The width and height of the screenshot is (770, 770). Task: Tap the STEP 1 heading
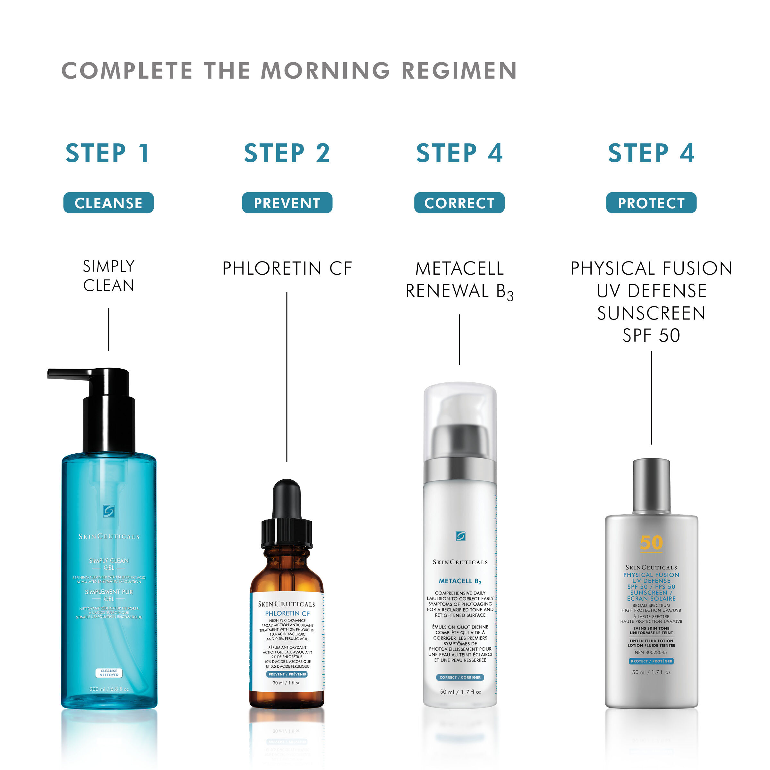107,153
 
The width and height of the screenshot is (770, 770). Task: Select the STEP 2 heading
287,153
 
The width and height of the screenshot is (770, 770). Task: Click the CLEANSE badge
108,203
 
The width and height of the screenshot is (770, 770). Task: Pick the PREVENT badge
287,203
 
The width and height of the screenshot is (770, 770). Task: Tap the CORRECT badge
459,203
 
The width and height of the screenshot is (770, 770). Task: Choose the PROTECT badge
651,203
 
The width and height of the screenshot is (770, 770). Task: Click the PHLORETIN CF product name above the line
287,268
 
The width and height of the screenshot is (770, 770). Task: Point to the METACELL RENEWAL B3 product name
459,280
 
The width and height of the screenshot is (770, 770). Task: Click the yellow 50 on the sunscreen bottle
651,543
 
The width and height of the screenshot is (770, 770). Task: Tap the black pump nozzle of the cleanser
68,373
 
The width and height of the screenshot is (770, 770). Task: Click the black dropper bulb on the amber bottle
287,498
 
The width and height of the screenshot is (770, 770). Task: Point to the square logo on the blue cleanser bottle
108,511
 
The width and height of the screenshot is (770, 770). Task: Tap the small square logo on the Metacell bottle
460,536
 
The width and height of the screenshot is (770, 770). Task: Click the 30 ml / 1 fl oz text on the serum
286,683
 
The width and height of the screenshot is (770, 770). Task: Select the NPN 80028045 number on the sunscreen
650,653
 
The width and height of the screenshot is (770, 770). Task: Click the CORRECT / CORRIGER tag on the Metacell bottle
460,677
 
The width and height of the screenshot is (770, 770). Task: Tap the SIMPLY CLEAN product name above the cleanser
108,276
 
